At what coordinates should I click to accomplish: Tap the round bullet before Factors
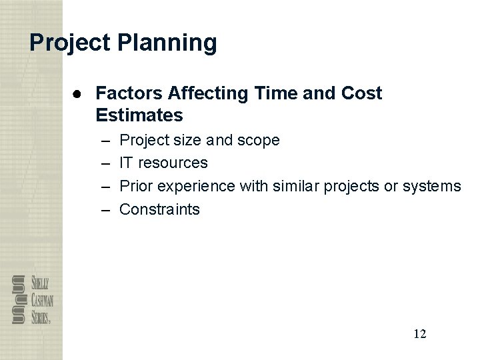tap(78, 93)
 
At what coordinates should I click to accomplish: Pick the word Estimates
tap(139, 115)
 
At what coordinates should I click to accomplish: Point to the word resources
tap(173, 163)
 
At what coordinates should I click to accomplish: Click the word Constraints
tap(159, 209)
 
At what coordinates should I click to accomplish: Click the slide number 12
tap(419, 334)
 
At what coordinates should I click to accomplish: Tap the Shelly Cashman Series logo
tap(31, 299)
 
